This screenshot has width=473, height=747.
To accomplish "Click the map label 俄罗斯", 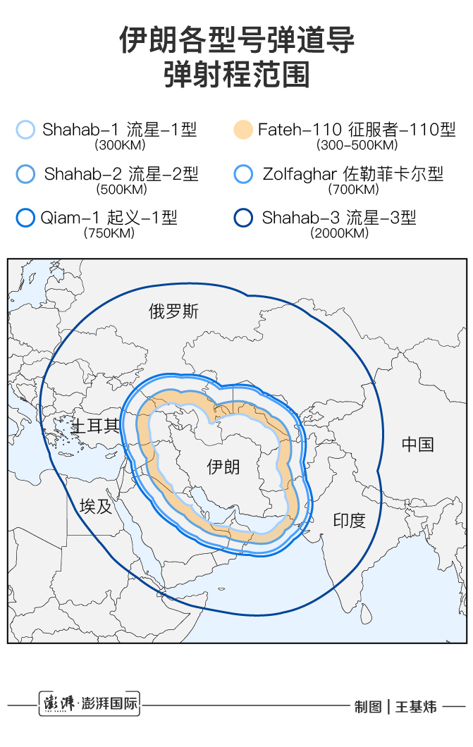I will point(173,311).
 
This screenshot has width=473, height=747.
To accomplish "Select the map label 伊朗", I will point(223,467).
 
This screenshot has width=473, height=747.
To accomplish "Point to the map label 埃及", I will point(96,506).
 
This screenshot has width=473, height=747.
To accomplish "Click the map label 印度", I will point(349,521).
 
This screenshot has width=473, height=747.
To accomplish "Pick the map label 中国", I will point(417,444).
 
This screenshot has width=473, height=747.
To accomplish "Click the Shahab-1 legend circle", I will point(25,130).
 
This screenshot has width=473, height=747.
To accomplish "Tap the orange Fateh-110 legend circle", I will point(242,130).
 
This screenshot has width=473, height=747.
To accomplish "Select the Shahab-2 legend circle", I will point(25,174).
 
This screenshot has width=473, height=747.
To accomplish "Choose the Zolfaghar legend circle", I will point(242,174).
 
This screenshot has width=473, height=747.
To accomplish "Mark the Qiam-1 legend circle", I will point(25,218).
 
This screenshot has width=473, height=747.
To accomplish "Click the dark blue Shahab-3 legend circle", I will point(242,218).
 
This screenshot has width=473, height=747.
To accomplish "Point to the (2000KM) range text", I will point(339,233).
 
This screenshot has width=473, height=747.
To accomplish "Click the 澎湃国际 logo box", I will point(89,703).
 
